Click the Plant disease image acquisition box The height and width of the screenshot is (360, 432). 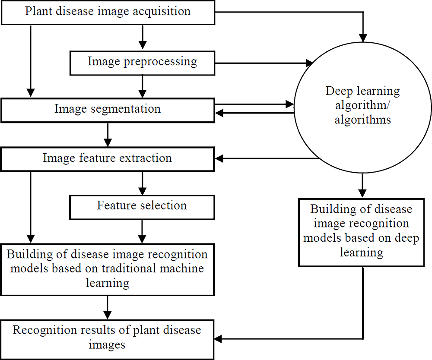tap(108, 12)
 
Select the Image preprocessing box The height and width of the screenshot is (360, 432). tap(142, 62)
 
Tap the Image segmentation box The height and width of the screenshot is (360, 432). tap(108, 109)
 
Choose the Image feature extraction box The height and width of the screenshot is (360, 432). tap(108, 158)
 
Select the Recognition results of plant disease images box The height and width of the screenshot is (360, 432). tap(108, 338)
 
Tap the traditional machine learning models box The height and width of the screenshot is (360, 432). tap(108, 268)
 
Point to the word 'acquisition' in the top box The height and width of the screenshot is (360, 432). tap(162, 11)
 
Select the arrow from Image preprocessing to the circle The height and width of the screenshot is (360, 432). tap(264, 63)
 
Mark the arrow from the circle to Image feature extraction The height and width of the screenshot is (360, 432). tap(268, 158)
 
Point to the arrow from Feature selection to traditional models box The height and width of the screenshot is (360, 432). tap(142, 231)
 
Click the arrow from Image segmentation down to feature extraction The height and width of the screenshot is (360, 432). tap(108, 136)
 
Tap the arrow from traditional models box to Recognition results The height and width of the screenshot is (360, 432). tap(108, 307)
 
